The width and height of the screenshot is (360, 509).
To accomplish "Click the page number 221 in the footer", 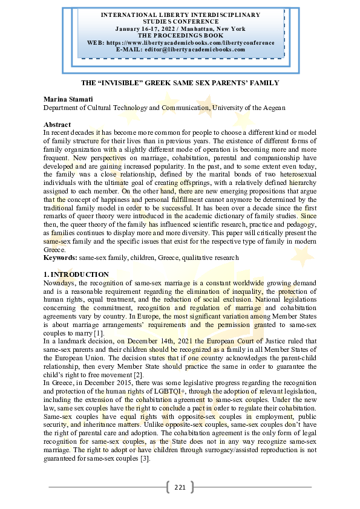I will point(180,487).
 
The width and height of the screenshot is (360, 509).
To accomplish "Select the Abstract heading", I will point(57,124).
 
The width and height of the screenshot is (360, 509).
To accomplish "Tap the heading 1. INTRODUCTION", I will point(76,275).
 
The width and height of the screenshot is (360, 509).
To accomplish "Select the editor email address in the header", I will point(199,49).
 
